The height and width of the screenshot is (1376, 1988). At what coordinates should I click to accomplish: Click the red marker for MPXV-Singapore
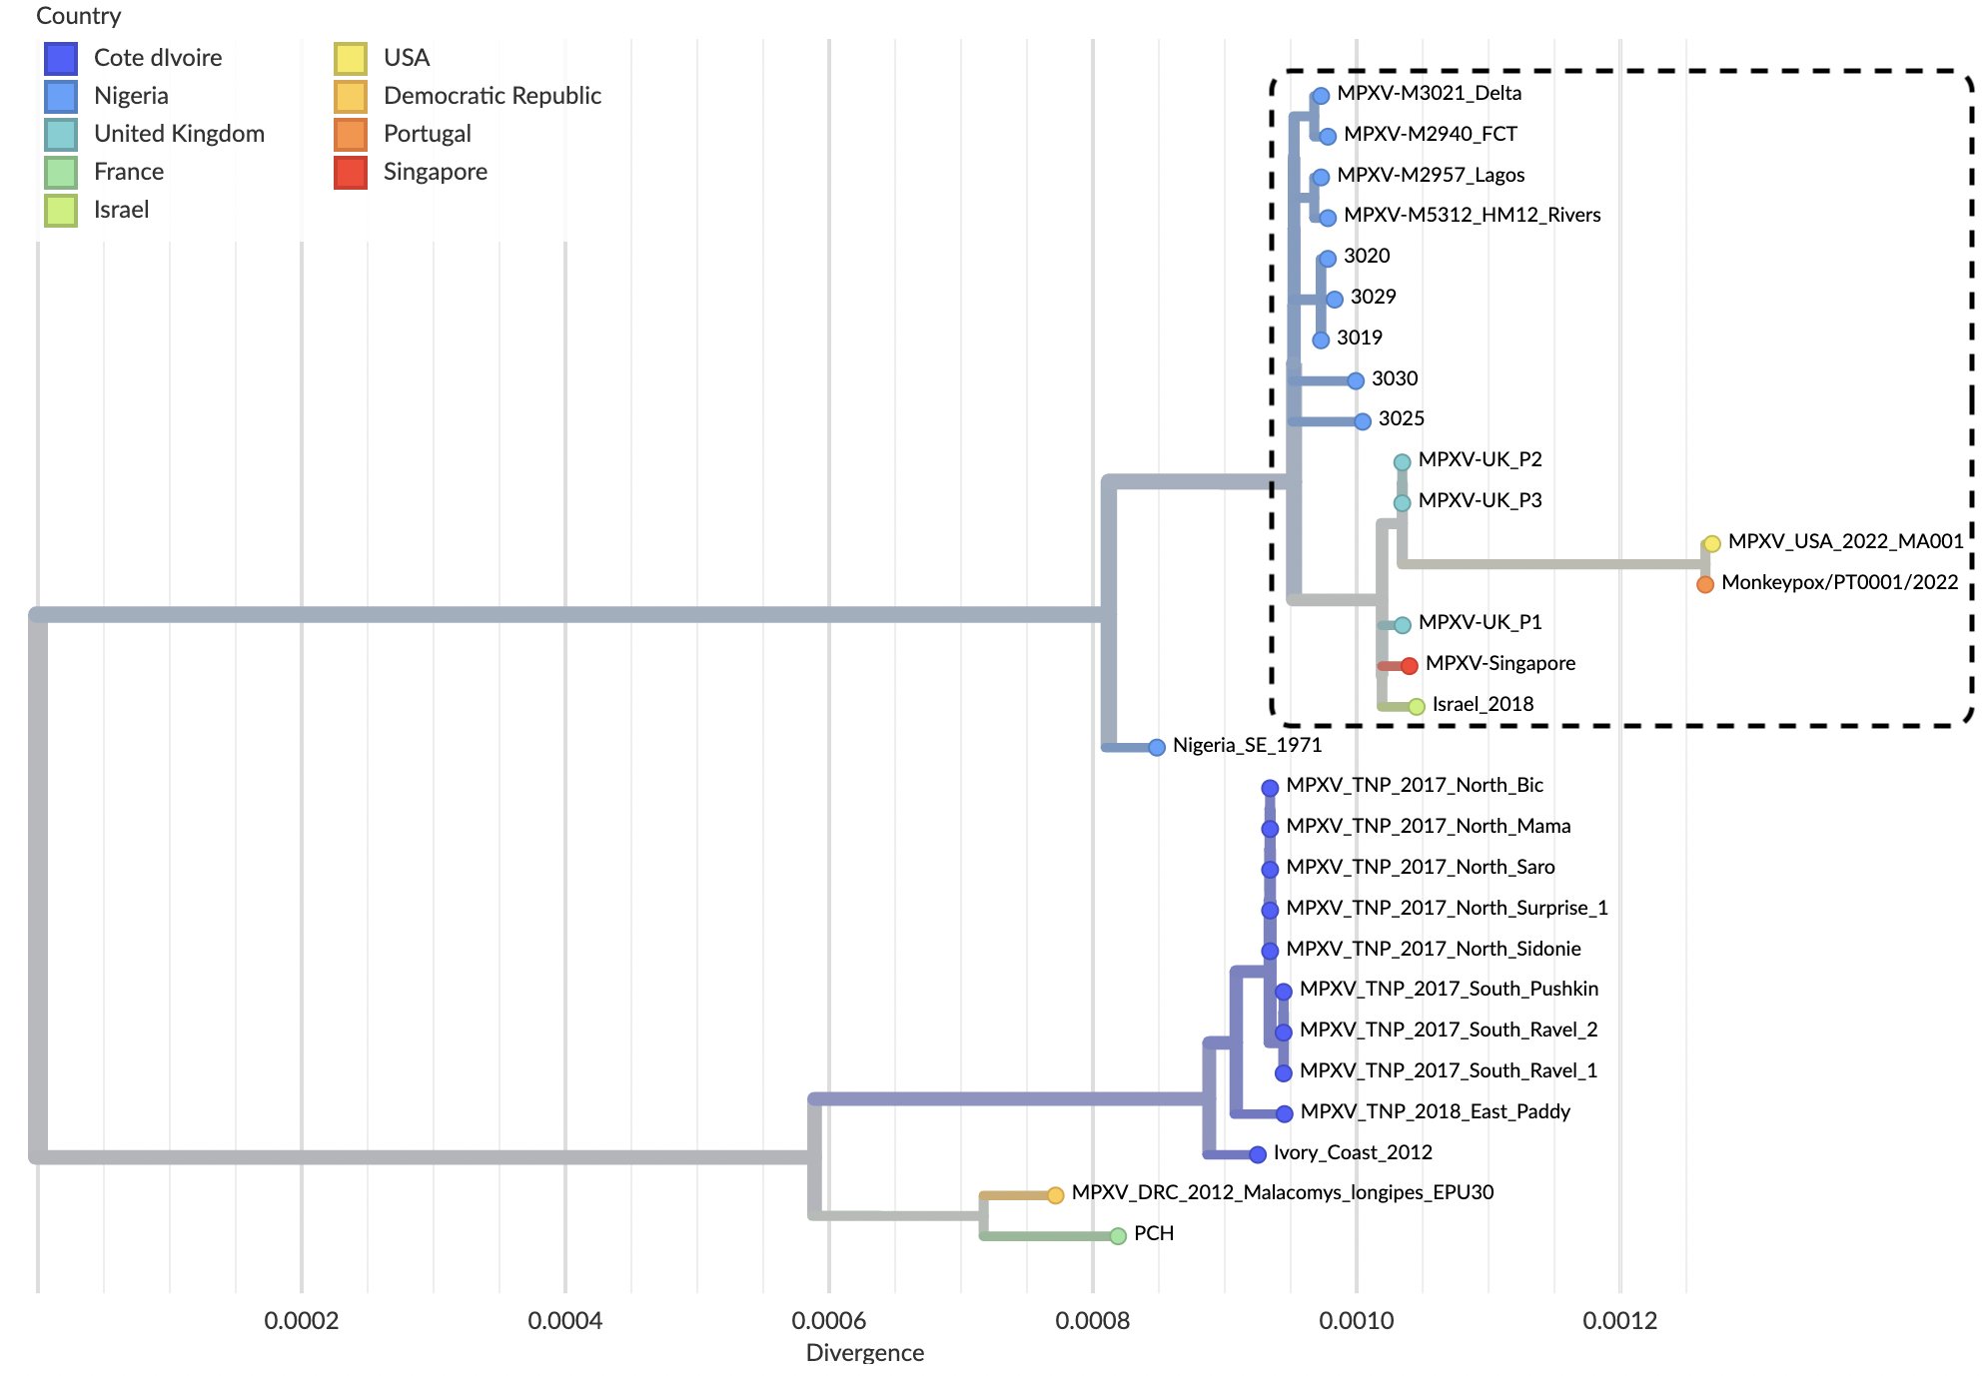(1409, 665)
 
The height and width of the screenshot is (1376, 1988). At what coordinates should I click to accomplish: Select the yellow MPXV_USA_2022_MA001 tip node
(1711, 543)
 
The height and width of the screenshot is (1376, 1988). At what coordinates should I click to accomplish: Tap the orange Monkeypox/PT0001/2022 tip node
(1704, 584)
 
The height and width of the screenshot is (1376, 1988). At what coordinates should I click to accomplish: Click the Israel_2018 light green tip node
(1416, 706)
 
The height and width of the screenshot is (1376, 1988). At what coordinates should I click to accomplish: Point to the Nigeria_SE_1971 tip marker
(1156, 747)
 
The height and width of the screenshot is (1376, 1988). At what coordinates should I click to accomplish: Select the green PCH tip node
(1118, 1235)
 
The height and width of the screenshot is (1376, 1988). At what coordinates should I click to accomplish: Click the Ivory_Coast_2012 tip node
(1257, 1154)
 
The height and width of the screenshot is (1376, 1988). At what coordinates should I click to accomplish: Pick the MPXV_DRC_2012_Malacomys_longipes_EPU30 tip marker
(1055, 1194)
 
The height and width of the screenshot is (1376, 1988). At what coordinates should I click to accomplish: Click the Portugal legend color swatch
(351, 134)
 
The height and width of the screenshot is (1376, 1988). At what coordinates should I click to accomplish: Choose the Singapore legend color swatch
(351, 172)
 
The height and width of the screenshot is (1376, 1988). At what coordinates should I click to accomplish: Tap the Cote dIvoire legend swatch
(61, 58)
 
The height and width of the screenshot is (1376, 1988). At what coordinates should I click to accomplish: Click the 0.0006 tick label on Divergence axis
(828, 1320)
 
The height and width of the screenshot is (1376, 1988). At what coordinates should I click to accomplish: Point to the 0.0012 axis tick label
(1619, 1320)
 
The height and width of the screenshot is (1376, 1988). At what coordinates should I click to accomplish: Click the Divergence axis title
(864, 1352)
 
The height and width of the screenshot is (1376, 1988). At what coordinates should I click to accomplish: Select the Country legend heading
(78, 16)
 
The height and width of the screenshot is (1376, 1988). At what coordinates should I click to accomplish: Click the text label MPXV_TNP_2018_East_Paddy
(1435, 1111)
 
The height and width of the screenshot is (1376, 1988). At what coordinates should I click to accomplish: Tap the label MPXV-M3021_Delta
(1429, 93)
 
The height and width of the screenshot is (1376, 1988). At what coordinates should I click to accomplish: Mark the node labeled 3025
(1362, 421)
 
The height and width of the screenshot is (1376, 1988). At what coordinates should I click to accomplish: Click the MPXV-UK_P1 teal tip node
(1402, 625)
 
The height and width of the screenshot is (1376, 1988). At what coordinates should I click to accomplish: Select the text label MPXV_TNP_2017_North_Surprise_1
(1447, 908)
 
